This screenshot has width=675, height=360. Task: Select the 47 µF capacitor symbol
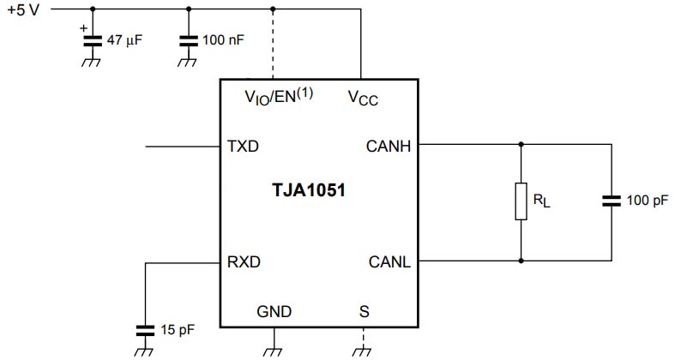92,39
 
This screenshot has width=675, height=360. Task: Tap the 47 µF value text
124,40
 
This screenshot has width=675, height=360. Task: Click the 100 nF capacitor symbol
188,39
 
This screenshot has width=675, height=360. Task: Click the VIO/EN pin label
279,97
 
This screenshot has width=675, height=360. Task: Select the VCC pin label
363,98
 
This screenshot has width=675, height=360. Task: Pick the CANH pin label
389,147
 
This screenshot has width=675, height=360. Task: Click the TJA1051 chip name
309,190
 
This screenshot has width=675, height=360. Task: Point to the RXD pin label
244,261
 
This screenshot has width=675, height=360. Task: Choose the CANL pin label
389,261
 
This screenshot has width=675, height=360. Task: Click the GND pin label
274,311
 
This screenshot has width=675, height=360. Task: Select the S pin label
364,311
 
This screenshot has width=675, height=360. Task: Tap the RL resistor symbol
521,201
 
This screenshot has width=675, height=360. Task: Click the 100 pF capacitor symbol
612,201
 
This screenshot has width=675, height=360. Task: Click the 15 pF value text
176,328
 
